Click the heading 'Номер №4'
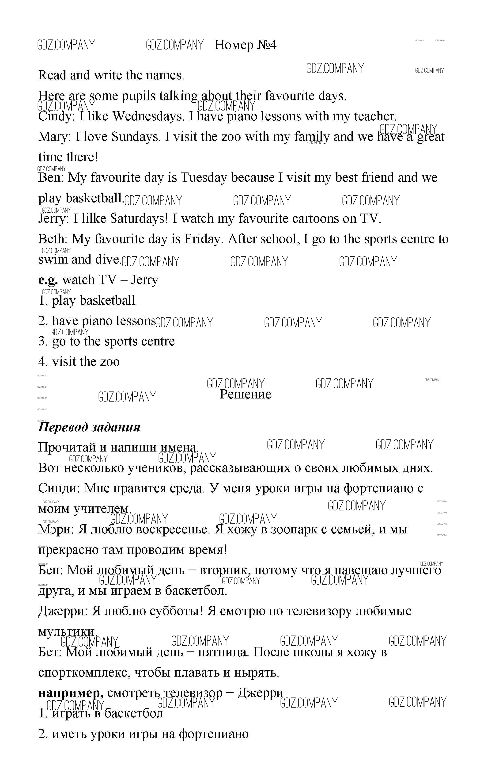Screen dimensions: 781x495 click(x=246, y=45)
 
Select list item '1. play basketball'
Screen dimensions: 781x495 click(x=87, y=300)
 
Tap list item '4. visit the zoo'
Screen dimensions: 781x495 click(x=79, y=362)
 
